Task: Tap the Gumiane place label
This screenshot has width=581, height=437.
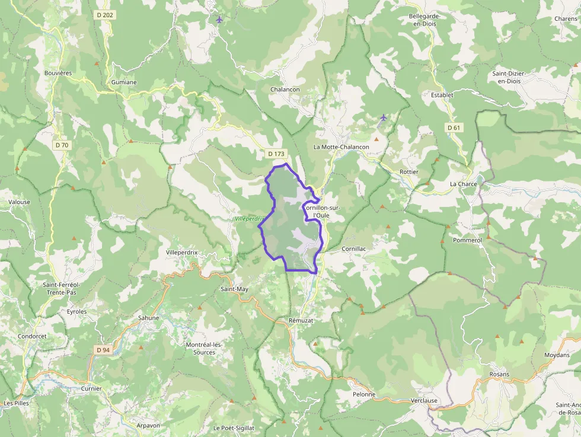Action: tap(123, 82)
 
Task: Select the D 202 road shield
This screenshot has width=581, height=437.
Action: tap(104, 14)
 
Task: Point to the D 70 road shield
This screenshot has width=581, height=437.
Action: tap(62, 145)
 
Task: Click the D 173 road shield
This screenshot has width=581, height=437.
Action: tap(276, 154)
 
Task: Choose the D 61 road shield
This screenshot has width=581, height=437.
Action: tap(454, 127)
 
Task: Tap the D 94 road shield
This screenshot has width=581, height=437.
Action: tap(103, 350)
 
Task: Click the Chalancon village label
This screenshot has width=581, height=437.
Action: tap(285, 90)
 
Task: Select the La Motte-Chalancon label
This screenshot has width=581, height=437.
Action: tap(341, 147)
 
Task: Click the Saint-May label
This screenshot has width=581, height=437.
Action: tap(234, 289)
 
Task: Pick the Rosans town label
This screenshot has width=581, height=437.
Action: tap(499, 374)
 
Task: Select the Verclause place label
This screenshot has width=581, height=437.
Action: tap(424, 400)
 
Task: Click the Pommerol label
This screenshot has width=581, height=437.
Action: tap(467, 240)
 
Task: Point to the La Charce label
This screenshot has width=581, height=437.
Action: tap(463, 184)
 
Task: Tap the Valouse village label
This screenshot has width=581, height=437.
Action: tap(19, 202)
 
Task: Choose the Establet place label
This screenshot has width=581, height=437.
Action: tap(442, 94)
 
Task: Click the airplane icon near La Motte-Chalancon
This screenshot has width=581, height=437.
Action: tap(383, 117)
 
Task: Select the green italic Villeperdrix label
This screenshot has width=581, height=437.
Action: tap(248, 219)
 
